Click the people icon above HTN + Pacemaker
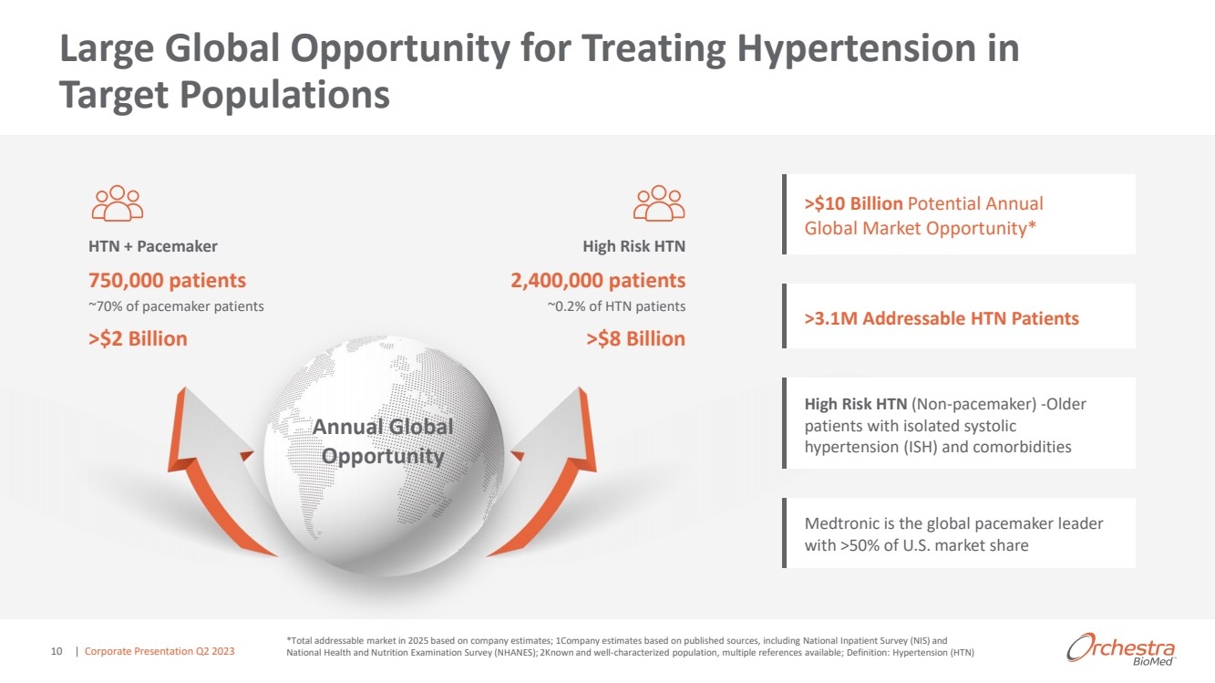pos(118,203)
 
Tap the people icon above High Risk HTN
pos(659,203)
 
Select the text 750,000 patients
pos(167,281)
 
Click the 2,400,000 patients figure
pos(598,281)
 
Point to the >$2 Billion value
pos(138,338)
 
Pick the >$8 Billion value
pos(635,338)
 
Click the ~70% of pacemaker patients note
pos(176,306)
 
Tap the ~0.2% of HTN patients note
pos(616,306)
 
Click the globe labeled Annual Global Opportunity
pos(384,456)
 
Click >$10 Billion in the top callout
pos(853,203)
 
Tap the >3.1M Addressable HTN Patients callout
pos(942,318)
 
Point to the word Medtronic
pos(840,523)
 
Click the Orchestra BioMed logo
pos(1120,649)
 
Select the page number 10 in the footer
pos(57,651)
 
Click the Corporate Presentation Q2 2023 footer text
pos(160,651)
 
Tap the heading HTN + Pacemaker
pos(153,246)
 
